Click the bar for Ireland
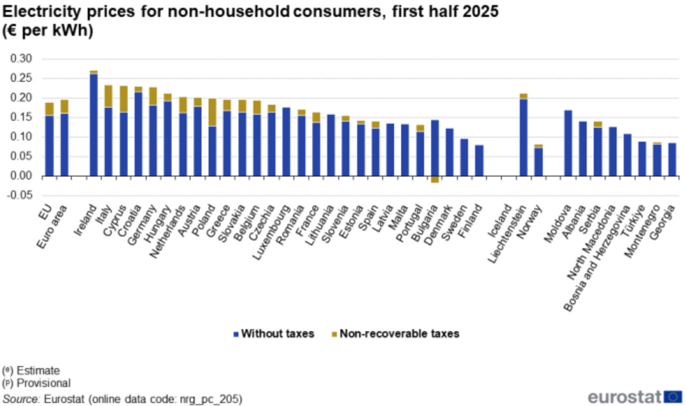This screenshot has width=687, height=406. [x=93, y=125]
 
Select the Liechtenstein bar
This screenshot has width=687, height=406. [x=523, y=137]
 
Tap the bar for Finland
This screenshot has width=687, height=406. [x=479, y=160]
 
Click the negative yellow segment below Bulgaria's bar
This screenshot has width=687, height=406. [x=435, y=180]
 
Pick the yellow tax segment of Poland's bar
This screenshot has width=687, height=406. [x=212, y=112]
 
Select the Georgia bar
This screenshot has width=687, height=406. [x=672, y=160]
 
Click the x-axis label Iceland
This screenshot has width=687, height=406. [x=500, y=219]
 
